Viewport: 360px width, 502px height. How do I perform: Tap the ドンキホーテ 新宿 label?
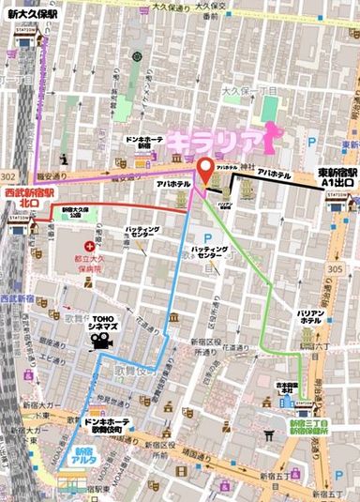coord(143,143)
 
